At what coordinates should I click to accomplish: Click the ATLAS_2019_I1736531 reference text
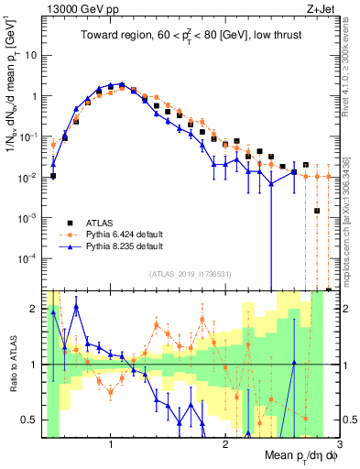click(x=189, y=274)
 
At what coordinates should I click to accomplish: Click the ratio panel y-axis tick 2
click(x=33, y=309)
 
